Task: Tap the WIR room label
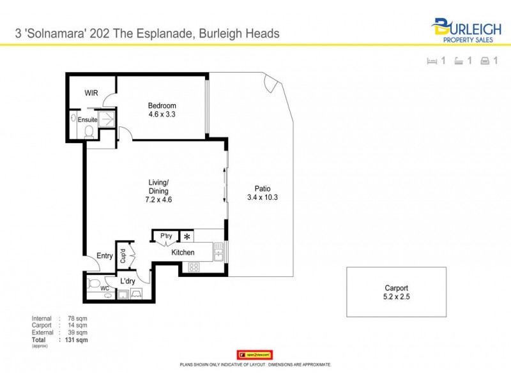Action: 92,93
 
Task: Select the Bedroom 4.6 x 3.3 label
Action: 162,110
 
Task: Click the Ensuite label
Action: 88,119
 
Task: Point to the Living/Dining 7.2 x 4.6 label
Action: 158,190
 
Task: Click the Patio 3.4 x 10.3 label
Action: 263,193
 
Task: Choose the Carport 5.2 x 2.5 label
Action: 396,292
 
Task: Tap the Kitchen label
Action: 183,253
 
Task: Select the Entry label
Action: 105,256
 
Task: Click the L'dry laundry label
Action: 128,281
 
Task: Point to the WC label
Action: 105,289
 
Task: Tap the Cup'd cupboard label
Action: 122,256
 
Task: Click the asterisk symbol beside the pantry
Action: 187,237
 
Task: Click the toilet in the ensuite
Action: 89,131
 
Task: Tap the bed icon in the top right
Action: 431,61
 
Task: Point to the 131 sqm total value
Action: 77,340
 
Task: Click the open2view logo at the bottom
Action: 255,354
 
